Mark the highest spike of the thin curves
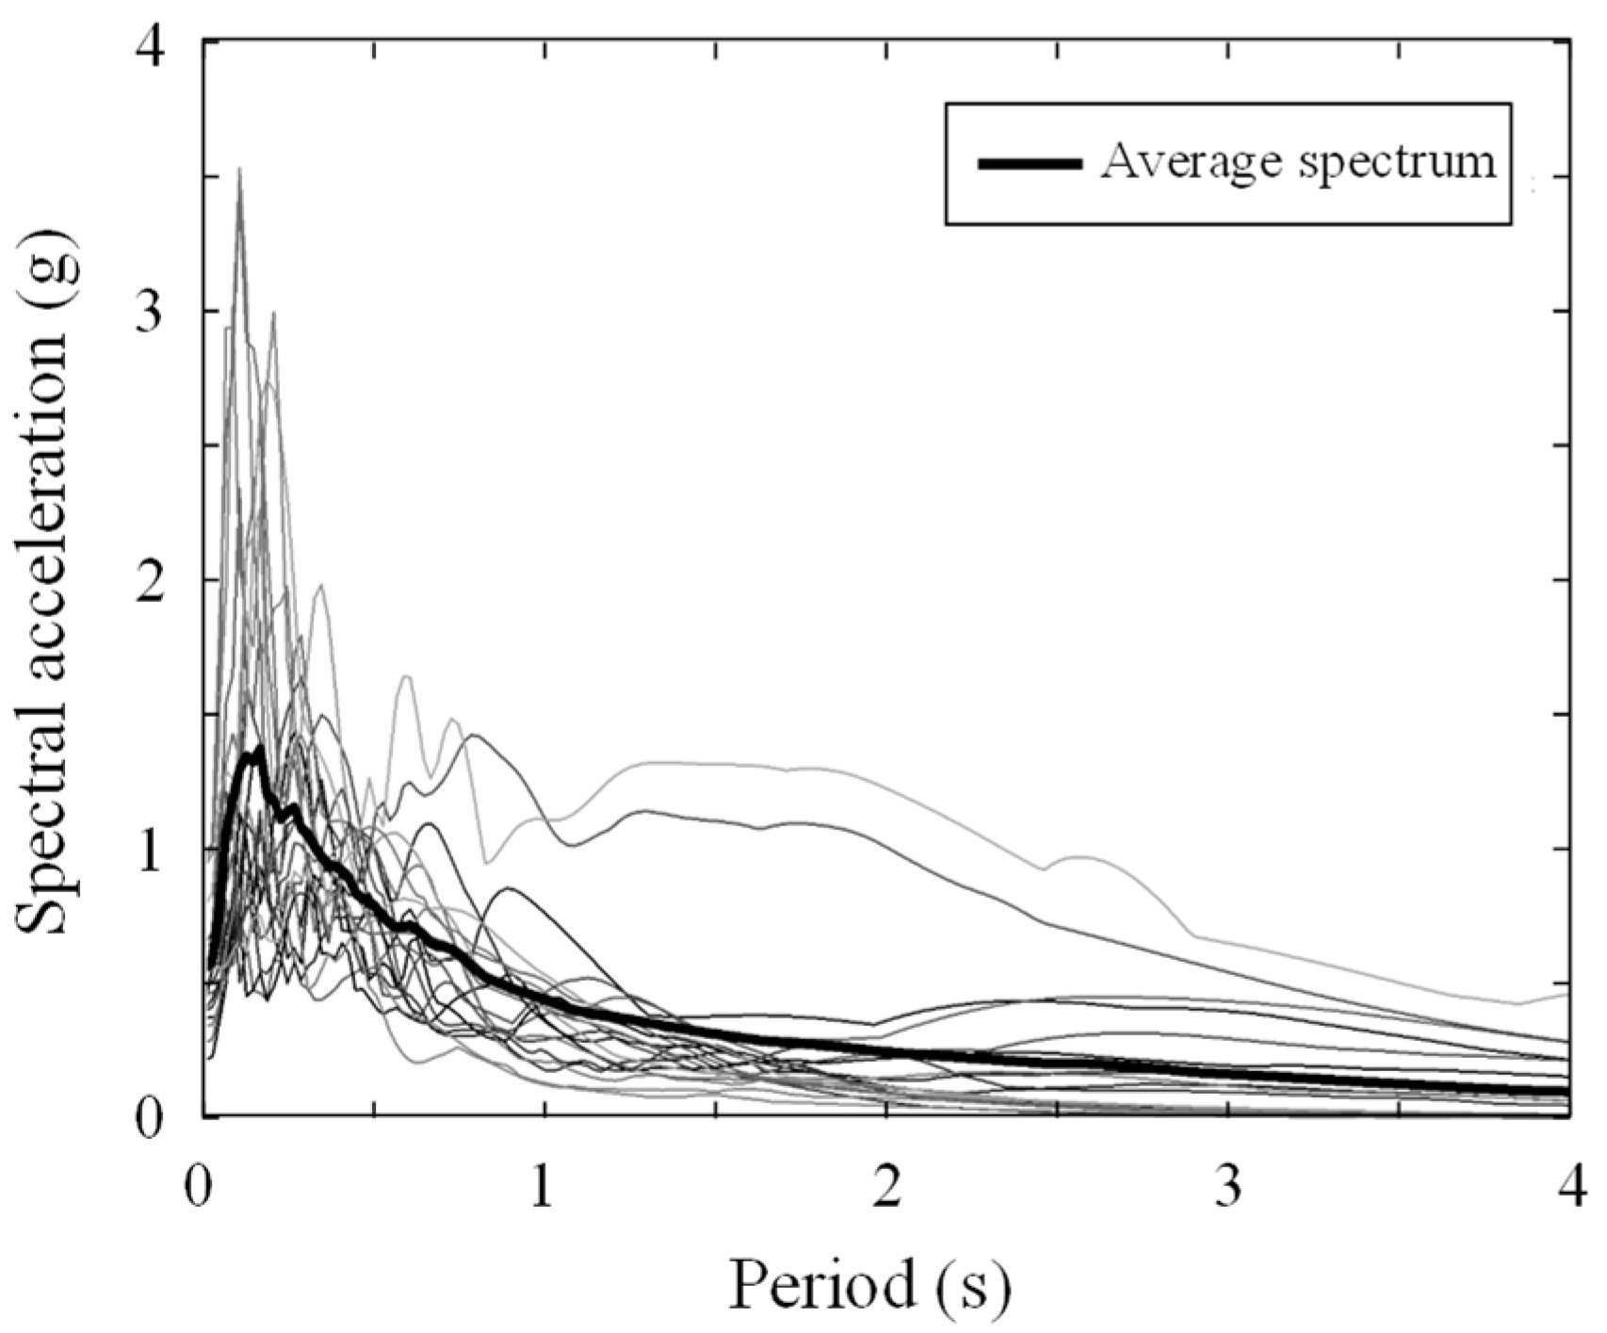(x=239, y=170)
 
